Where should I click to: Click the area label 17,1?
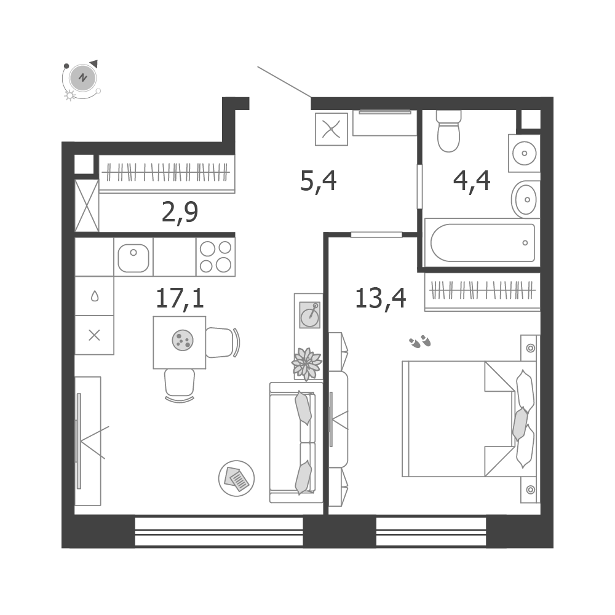point(180,298)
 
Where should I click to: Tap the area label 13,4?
point(381,298)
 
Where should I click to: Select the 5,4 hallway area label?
point(318,181)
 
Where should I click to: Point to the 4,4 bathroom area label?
point(472,181)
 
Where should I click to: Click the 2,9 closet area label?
point(180,212)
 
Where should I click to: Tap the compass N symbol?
point(83,77)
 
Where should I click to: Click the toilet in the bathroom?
point(448,131)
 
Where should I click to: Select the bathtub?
point(482,243)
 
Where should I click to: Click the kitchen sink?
point(133,257)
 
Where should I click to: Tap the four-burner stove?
point(216,257)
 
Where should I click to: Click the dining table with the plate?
point(180,343)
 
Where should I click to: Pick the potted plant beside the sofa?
point(307,364)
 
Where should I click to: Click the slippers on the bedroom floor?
point(419,341)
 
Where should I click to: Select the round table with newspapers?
point(237,478)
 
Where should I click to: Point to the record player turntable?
point(310,314)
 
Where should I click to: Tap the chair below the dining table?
point(180,385)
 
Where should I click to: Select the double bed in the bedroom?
point(469,419)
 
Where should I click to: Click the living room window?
point(219,531)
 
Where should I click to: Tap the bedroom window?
point(431,531)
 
